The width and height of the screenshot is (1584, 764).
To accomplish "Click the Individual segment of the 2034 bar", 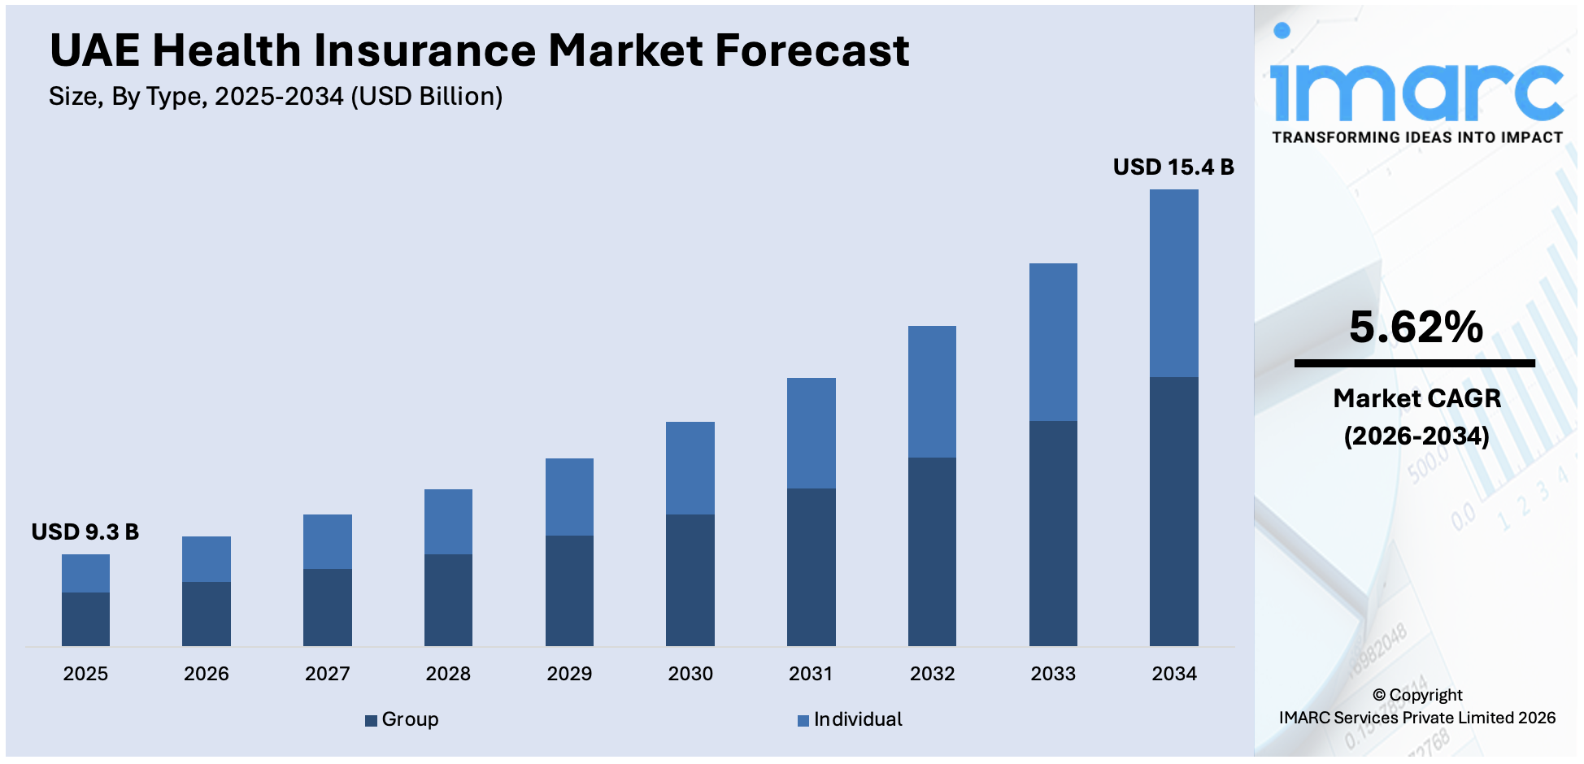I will click(1173, 283).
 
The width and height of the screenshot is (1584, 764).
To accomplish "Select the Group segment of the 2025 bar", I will click(85, 619).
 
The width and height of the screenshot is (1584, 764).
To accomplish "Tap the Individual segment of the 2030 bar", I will click(690, 467).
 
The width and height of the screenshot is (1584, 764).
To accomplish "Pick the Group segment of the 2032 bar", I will click(932, 551).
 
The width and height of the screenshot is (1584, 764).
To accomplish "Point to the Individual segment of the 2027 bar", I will click(327, 541).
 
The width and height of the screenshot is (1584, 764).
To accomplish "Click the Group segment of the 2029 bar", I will click(569, 590).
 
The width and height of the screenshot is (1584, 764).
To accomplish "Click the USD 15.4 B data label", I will click(1173, 167).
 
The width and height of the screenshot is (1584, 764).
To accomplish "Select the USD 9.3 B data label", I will click(85, 532).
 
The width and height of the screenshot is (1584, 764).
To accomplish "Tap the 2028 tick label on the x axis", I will click(448, 674).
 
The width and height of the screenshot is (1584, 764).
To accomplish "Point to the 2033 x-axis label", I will click(1053, 674).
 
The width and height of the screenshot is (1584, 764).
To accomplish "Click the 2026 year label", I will click(206, 674).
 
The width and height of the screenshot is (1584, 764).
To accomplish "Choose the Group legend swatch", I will click(371, 721).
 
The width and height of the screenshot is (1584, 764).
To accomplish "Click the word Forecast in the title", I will click(812, 50).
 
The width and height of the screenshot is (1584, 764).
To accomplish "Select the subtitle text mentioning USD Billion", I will click(276, 97).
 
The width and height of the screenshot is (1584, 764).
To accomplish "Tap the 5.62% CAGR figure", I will click(1416, 327).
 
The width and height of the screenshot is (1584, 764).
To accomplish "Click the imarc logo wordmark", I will click(1416, 91).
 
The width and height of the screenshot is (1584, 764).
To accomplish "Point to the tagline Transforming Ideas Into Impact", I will click(1416, 137).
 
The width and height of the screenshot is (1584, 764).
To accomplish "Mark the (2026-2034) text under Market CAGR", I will click(1416, 436).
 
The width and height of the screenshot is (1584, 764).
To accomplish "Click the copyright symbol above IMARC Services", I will click(1378, 696).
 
